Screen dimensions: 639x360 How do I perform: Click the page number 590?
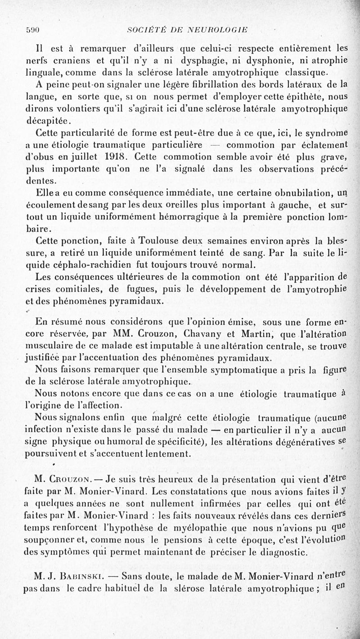33,30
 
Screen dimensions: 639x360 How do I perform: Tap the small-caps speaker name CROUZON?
70,477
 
